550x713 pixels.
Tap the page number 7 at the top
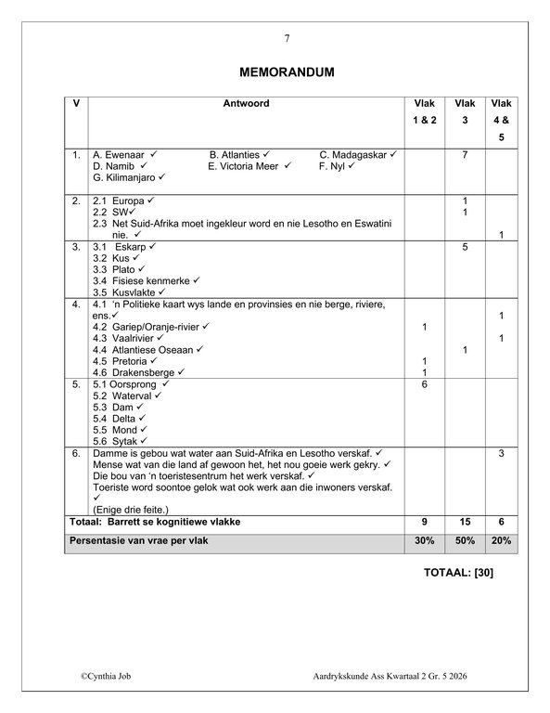287,38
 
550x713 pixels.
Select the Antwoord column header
246,104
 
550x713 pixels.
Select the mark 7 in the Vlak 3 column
465,154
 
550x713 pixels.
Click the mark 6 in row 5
424,383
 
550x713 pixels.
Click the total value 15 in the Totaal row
465,522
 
